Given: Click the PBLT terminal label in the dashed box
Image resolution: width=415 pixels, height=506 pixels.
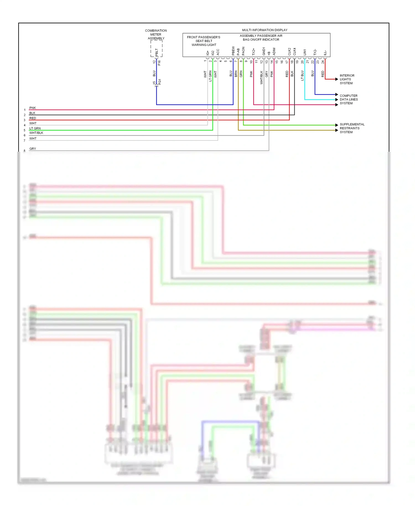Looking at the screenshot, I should pyautogui.click(x=157, y=52).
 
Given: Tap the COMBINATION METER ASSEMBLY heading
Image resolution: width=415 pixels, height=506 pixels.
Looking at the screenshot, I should pyautogui.click(x=156, y=35).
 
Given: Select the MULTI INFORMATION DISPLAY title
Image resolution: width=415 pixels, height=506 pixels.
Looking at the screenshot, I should pyautogui.click(x=264, y=30).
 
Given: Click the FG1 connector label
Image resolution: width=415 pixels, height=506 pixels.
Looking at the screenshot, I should pyautogui.click(x=160, y=82).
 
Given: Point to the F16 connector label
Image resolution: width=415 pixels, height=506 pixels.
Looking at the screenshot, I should pyautogui.click(x=159, y=63).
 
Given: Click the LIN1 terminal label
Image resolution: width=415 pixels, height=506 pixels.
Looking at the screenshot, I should pyautogui.click(x=305, y=52).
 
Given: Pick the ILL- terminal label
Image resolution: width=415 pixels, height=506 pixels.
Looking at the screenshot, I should pyautogui.click(x=325, y=53).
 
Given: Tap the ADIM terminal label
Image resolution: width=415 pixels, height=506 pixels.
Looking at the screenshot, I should pyautogui.click(x=274, y=51).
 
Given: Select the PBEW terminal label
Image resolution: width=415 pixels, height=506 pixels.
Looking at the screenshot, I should pyautogui.click(x=233, y=51).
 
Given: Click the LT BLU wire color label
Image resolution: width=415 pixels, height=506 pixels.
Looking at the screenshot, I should pyautogui.click(x=302, y=75).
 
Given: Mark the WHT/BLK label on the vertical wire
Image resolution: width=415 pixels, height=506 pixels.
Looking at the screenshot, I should pyautogui.click(x=261, y=77).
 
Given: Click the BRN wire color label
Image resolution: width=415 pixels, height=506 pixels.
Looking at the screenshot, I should pyautogui.click(x=236, y=74).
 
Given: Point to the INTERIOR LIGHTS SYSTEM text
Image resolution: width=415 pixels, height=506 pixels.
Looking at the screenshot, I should pyautogui.click(x=347, y=79).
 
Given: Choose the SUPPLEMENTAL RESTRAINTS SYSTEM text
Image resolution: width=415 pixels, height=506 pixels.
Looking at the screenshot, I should pyautogui.click(x=352, y=128).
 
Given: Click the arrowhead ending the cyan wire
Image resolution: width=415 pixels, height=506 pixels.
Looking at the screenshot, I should pyautogui.click(x=337, y=99).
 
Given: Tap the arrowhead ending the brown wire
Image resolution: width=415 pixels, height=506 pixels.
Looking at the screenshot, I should pyautogui.click(x=337, y=130).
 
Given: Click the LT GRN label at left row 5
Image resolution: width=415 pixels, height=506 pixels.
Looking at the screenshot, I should pyautogui.click(x=35, y=128).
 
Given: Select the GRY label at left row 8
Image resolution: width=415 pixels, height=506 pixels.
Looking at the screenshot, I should pyautogui.click(x=33, y=149).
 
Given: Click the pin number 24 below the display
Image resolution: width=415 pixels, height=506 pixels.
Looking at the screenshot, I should pyautogui.click(x=323, y=62).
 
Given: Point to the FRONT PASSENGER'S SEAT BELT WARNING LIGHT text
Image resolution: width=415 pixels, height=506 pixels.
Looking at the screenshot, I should pyautogui.click(x=204, y=41).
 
